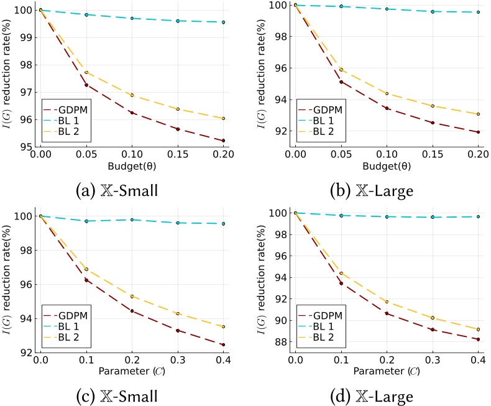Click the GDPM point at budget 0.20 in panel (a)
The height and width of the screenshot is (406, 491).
[223, 141]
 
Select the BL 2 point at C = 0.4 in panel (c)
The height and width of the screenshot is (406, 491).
[223, 326]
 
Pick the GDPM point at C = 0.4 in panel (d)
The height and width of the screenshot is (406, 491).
[478, 339]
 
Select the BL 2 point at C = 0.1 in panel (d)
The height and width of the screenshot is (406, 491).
[341, 273]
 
